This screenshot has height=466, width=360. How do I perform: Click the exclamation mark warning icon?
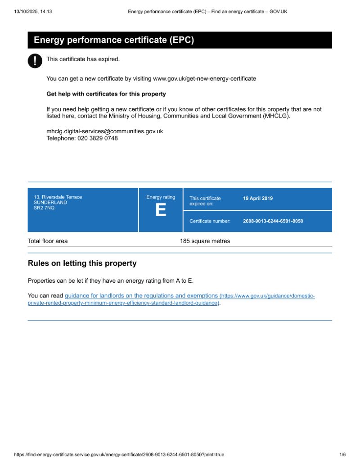(35, 61)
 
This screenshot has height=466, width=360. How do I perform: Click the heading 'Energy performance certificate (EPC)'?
(114, 40)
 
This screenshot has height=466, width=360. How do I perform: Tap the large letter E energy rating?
(161, 210)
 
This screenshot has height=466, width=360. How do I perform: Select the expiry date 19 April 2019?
(258, 198)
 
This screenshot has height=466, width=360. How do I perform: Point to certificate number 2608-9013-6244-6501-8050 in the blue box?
(273, 221)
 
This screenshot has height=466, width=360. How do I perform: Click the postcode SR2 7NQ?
(44, 208)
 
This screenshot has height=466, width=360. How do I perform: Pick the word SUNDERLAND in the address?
(50, 203)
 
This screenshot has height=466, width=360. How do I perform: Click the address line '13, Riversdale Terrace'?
(58, 197)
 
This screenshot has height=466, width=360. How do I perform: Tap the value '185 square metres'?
(205, 241)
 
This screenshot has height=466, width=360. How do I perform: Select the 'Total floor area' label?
(48, 241)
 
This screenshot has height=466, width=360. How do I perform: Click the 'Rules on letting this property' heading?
(82, 263)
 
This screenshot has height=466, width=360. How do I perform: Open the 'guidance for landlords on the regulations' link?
(141, 296)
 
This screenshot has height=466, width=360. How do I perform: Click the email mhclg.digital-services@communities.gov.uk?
(104, 131)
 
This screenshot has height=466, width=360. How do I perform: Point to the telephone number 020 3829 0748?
(82, 138)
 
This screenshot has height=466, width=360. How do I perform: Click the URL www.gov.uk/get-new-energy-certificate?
(204, 78)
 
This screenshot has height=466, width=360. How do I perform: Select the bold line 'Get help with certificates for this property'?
(106, 94)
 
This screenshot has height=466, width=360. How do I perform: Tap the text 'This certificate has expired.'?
(83, 59)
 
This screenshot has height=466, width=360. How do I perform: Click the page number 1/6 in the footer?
(342, 455)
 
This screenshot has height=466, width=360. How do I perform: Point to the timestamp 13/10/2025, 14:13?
(33, 12)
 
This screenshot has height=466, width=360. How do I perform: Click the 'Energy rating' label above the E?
(161, 197)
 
